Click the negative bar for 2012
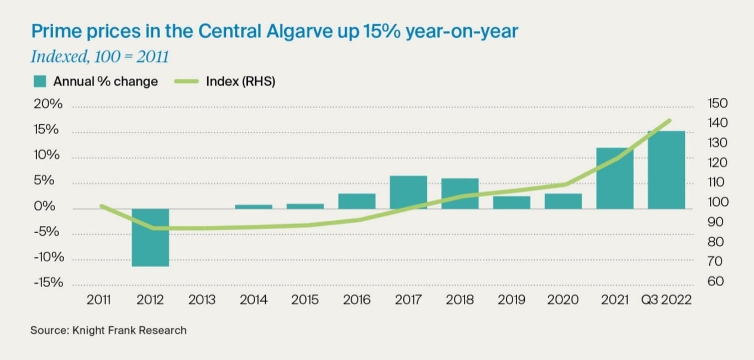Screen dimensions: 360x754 (x=150, y=237)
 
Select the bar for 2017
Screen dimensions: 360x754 (x=408, y=192)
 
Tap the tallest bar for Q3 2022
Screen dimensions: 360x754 (x=666, y=170)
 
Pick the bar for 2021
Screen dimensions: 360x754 (x=615, y=178)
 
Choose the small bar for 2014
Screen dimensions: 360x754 (x=254, y=207)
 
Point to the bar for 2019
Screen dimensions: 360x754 (x=512, y=202)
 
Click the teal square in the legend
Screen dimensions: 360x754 (x=39, y=81)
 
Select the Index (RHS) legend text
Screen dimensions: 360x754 (x=240, y=82)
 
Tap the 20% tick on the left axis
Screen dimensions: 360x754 (x=49, y=105)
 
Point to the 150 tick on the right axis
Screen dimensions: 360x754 (x=717, y=104)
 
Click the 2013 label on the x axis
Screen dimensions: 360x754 (x=202, y=300)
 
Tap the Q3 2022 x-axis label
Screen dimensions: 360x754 (x=666, y=300)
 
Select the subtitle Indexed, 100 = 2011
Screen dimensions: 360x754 (x=99, y=57)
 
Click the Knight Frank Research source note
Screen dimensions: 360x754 (x=108, y=330)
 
